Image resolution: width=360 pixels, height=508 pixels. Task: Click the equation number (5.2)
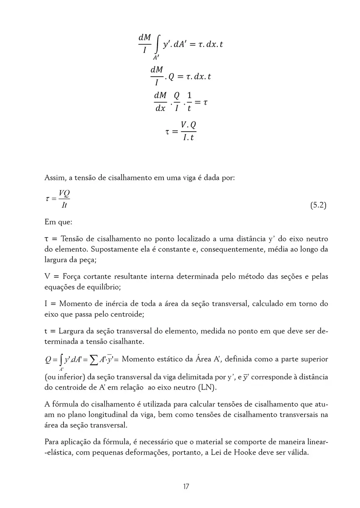tap(318, 206)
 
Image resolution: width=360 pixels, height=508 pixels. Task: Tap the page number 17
tap(186, 486)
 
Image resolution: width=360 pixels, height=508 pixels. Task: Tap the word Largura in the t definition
tap(73, 331)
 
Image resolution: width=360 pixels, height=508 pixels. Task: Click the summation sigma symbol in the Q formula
tap(92, 359)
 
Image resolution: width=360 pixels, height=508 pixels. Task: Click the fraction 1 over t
tap(189, 102)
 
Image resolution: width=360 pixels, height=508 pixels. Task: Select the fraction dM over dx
tap(160, 102)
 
